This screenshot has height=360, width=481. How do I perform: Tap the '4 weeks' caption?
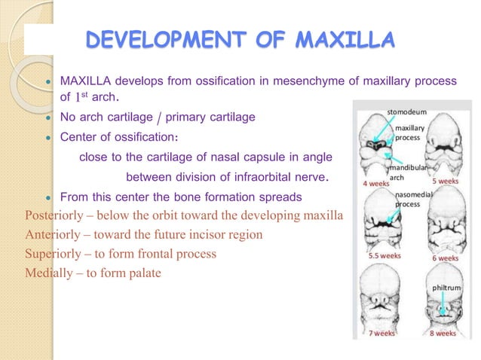click(375, 183)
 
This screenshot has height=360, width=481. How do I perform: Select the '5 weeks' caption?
click(445, 182)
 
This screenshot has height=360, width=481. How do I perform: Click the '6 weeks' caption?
click(444, 258)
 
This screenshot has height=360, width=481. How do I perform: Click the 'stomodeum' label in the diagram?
click(407, 111)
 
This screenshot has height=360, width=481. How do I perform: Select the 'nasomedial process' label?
click(412, 199)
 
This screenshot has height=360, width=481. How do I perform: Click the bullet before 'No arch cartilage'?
click(47, 118)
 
